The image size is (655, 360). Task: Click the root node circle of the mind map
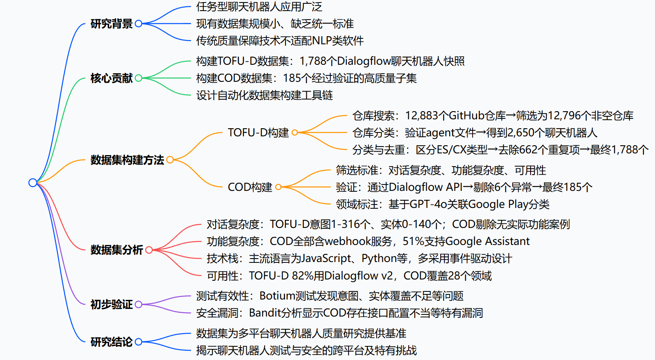33,183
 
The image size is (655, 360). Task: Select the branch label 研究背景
111,24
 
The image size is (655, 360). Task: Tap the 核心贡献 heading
111,78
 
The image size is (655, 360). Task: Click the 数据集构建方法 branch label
127,160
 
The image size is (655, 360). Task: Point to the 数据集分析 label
116,250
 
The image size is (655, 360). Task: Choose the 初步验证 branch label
111,305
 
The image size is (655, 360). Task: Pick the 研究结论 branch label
111,342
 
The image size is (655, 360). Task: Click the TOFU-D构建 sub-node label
258,133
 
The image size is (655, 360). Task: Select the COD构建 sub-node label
250,187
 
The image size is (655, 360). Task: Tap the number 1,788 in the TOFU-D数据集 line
313,61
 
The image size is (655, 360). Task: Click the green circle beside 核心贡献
139,78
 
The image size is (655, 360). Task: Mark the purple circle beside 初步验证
139,305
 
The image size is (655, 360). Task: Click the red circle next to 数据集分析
149,250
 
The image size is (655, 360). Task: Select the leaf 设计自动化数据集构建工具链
264,95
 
